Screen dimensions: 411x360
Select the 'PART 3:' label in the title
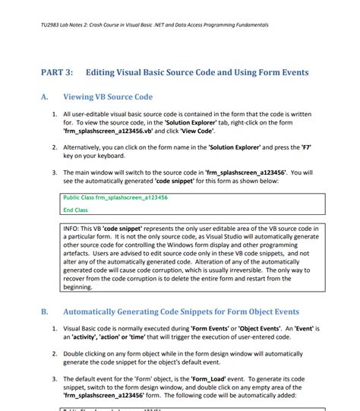click(x=56, y=72)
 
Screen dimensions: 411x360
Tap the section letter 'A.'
click(x=45, y=97)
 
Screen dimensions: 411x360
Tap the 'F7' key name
click(x=310, y=146)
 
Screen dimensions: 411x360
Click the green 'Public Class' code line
click(x=115, y=198)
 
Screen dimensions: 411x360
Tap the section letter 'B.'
click(x=45, y=311)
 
